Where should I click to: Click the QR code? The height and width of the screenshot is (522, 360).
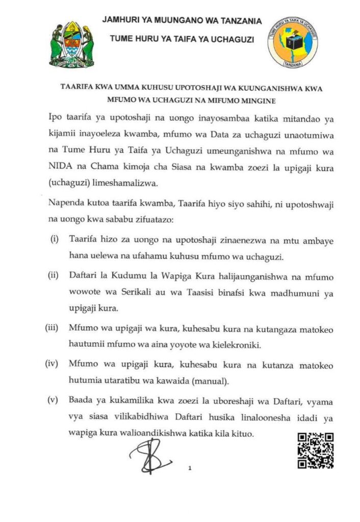tap(315, 450)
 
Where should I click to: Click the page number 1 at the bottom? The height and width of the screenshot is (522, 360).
tap(189, 467)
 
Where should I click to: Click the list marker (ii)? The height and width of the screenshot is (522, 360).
tap(54, 276)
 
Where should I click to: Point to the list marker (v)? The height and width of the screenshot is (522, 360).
tap(53, 400)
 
